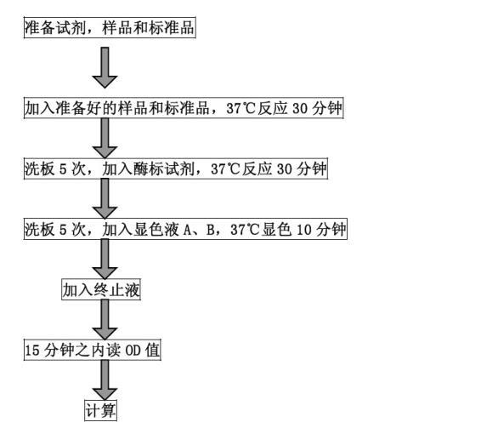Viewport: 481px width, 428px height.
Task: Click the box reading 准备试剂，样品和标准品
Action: click(x=110, y=27)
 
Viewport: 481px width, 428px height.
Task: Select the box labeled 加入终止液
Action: click(x=101, y=289)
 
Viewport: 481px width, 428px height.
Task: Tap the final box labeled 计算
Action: click(x=100, y=410)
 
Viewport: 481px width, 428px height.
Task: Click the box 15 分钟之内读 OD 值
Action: click(x=93, y=350)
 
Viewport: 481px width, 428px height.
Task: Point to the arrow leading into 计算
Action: click(x=105, y=379)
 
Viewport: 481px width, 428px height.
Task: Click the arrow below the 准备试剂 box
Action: click(x=105, y=67)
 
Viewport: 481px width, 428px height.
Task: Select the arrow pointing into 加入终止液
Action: click(x=105, y=259)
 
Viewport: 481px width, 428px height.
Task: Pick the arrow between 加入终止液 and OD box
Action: click(x=105, y=320)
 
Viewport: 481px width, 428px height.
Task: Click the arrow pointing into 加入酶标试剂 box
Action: click(x=105, y=138)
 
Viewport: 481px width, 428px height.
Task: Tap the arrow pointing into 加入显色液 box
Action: click(x=105, y=199)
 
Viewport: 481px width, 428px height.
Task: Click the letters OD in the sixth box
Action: click(x=133, y=351)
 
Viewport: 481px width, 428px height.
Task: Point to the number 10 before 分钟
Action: click(x=304, y=230)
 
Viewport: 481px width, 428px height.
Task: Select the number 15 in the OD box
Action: click(x=32, y=351)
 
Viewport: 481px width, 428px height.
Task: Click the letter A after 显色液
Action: click(x=188, y=230)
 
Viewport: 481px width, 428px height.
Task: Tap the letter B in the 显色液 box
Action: click(x=211, y=230)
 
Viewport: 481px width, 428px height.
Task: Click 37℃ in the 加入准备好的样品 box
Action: click(x=241, y=108)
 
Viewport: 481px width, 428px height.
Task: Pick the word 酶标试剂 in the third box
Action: click(x=164, y=168)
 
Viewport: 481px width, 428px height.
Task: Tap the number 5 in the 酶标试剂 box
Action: click(x=63, y=169)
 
